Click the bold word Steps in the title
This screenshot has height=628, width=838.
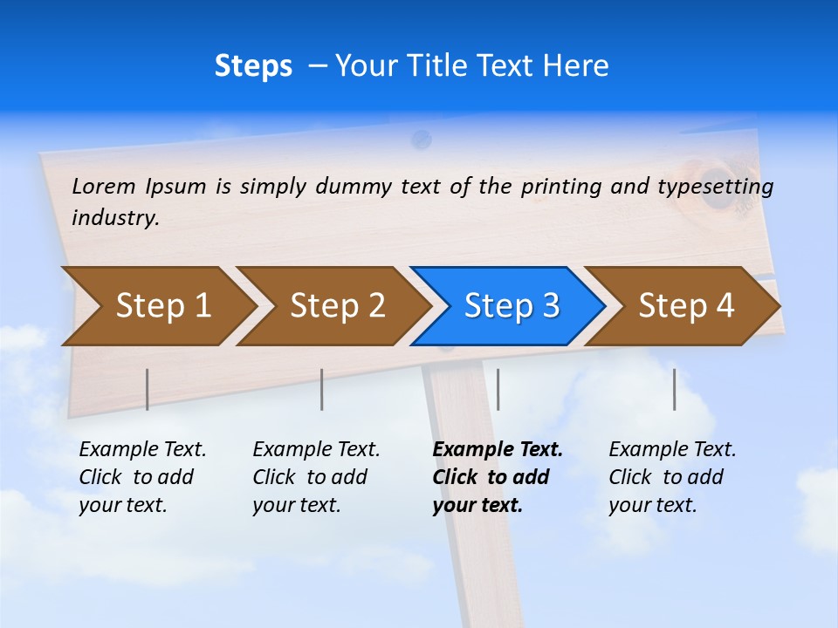(x=253, y=66)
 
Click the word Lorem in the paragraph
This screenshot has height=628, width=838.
(x=104, y=186)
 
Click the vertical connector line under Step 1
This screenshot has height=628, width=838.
(x=147, y=389)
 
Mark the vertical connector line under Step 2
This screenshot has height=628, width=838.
(x=322, y=389)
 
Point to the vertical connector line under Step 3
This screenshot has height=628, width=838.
(x=498, y=389)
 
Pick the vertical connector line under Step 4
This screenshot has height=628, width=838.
(x=675, y=389)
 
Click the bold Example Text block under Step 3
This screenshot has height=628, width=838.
(x=497, y=477)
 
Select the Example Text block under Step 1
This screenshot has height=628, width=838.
(x=141, y=477)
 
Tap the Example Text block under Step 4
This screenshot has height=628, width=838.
(x=671, y=477)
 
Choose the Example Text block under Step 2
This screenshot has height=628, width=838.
(x=315, y=477)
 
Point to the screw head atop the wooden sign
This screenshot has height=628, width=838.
(x=422, y=138)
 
